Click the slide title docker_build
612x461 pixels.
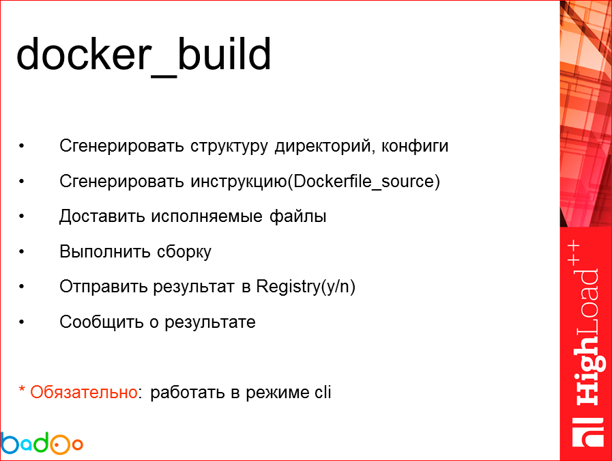tap(143, 55)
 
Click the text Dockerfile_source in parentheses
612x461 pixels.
tap(365, 182)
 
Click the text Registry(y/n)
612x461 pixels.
tap(306, 287)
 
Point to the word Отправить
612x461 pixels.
tap(101, 287)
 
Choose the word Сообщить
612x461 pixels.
tap(99, 322)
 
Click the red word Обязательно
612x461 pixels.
tap(83, 393)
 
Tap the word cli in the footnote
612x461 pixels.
tap(322, 393)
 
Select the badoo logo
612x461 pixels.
tap(42, 443)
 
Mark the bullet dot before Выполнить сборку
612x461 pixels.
tap(23, 252)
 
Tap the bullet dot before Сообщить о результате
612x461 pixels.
tap(23, 322)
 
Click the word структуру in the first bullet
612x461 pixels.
tap(229, 147)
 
